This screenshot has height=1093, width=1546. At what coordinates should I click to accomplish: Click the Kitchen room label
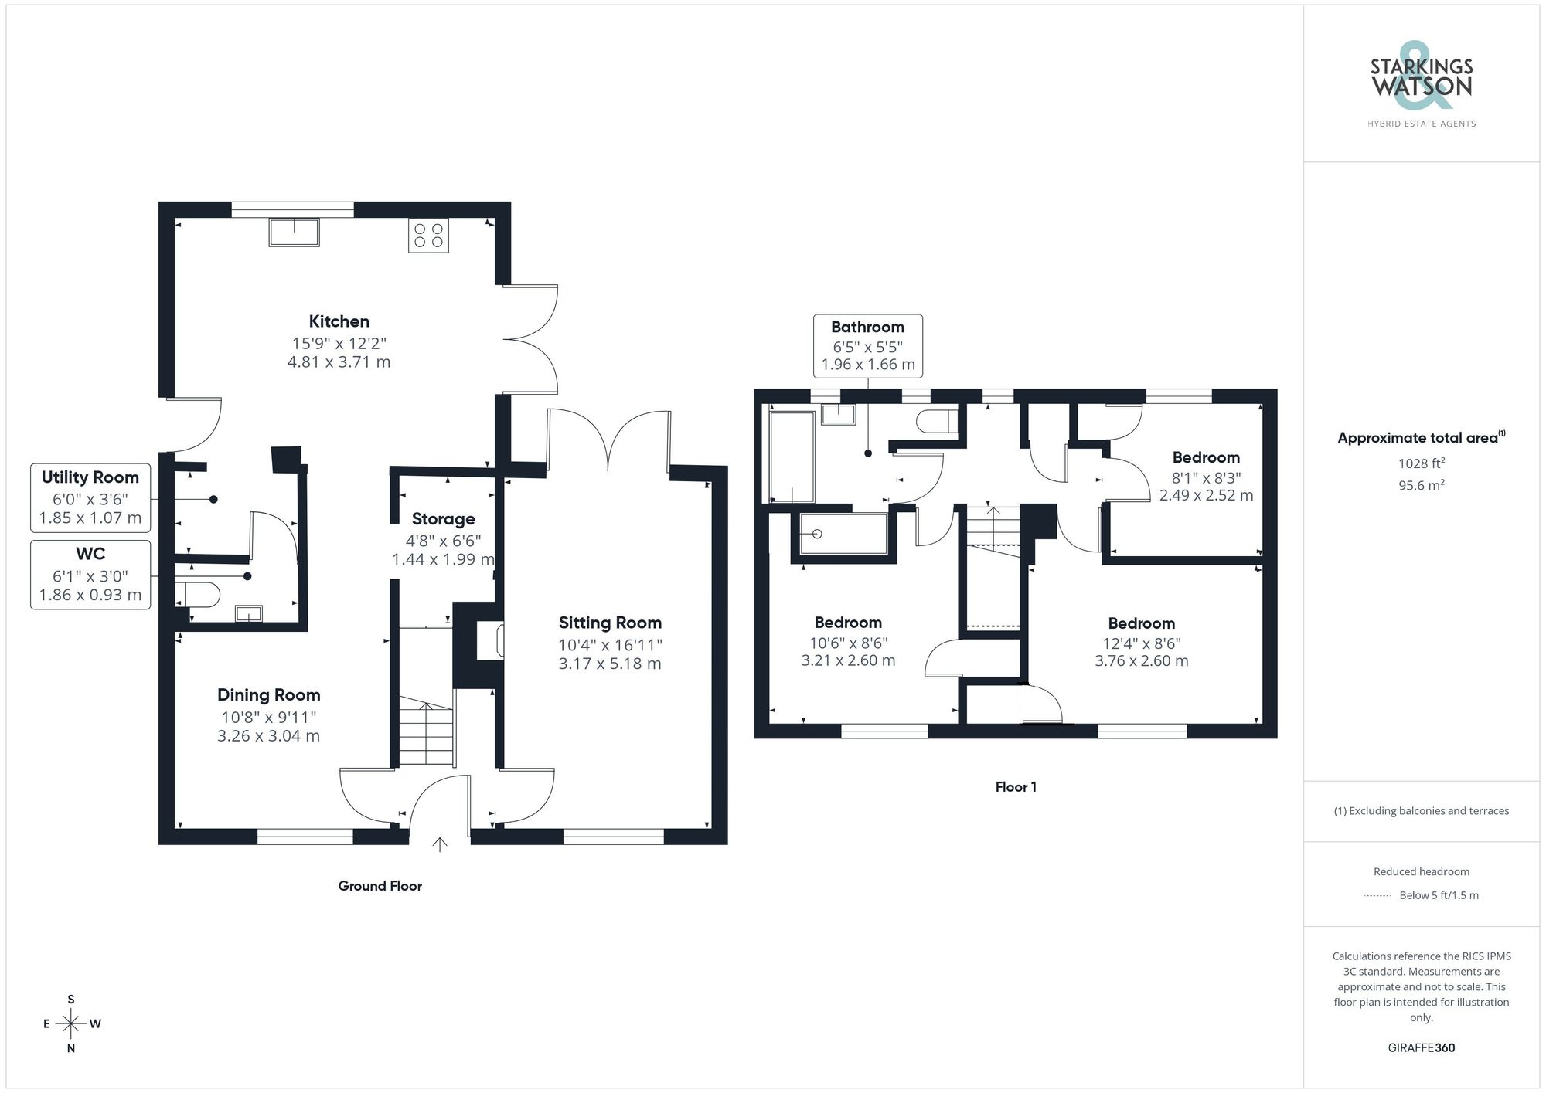pos(339,321)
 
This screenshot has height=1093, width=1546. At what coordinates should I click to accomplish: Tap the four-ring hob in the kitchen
pos(428,236)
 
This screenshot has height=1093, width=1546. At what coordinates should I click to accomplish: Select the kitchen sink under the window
pos(294,232)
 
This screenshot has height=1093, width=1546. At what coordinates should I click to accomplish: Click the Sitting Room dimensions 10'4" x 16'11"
pos(610,645)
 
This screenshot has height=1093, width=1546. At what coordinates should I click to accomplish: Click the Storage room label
pos(443,519)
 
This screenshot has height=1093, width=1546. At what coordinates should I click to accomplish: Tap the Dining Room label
pos(268,695)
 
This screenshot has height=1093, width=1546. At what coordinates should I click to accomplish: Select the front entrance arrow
pos(439,844)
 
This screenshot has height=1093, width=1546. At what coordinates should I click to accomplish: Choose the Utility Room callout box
pos(90,497)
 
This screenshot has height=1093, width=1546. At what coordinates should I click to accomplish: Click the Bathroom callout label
pos(867,328)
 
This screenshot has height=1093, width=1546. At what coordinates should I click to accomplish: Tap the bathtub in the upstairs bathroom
pos(792,457)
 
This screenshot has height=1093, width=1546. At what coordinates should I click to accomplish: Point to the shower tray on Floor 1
pos(843,534)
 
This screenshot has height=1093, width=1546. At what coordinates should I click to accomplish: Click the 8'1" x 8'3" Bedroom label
pos(1205,458)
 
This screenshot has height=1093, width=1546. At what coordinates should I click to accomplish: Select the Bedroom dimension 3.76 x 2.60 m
pos(1141,661)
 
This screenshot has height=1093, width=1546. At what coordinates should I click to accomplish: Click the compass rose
pos(71,1024)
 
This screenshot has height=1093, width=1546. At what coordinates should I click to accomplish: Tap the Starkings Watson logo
pos(1421,85)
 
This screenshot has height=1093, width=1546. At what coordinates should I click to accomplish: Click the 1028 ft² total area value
pos(1421,463)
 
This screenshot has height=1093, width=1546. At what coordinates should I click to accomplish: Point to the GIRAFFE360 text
pos(1421,1047)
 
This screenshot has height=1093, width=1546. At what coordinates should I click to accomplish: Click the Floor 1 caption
pos(1015,787)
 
